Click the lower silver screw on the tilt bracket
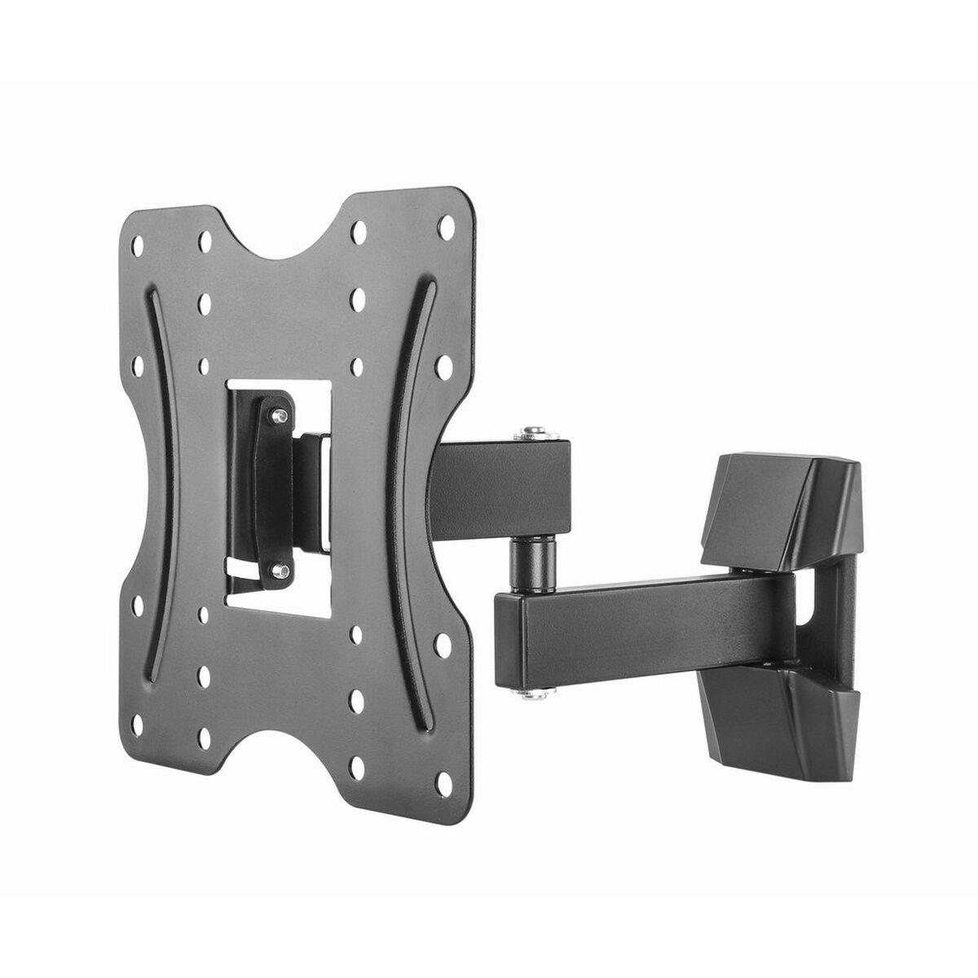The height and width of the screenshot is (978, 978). [280, 570]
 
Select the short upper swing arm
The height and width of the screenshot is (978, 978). [497, 489]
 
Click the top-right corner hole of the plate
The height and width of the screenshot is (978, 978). [447, 222]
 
